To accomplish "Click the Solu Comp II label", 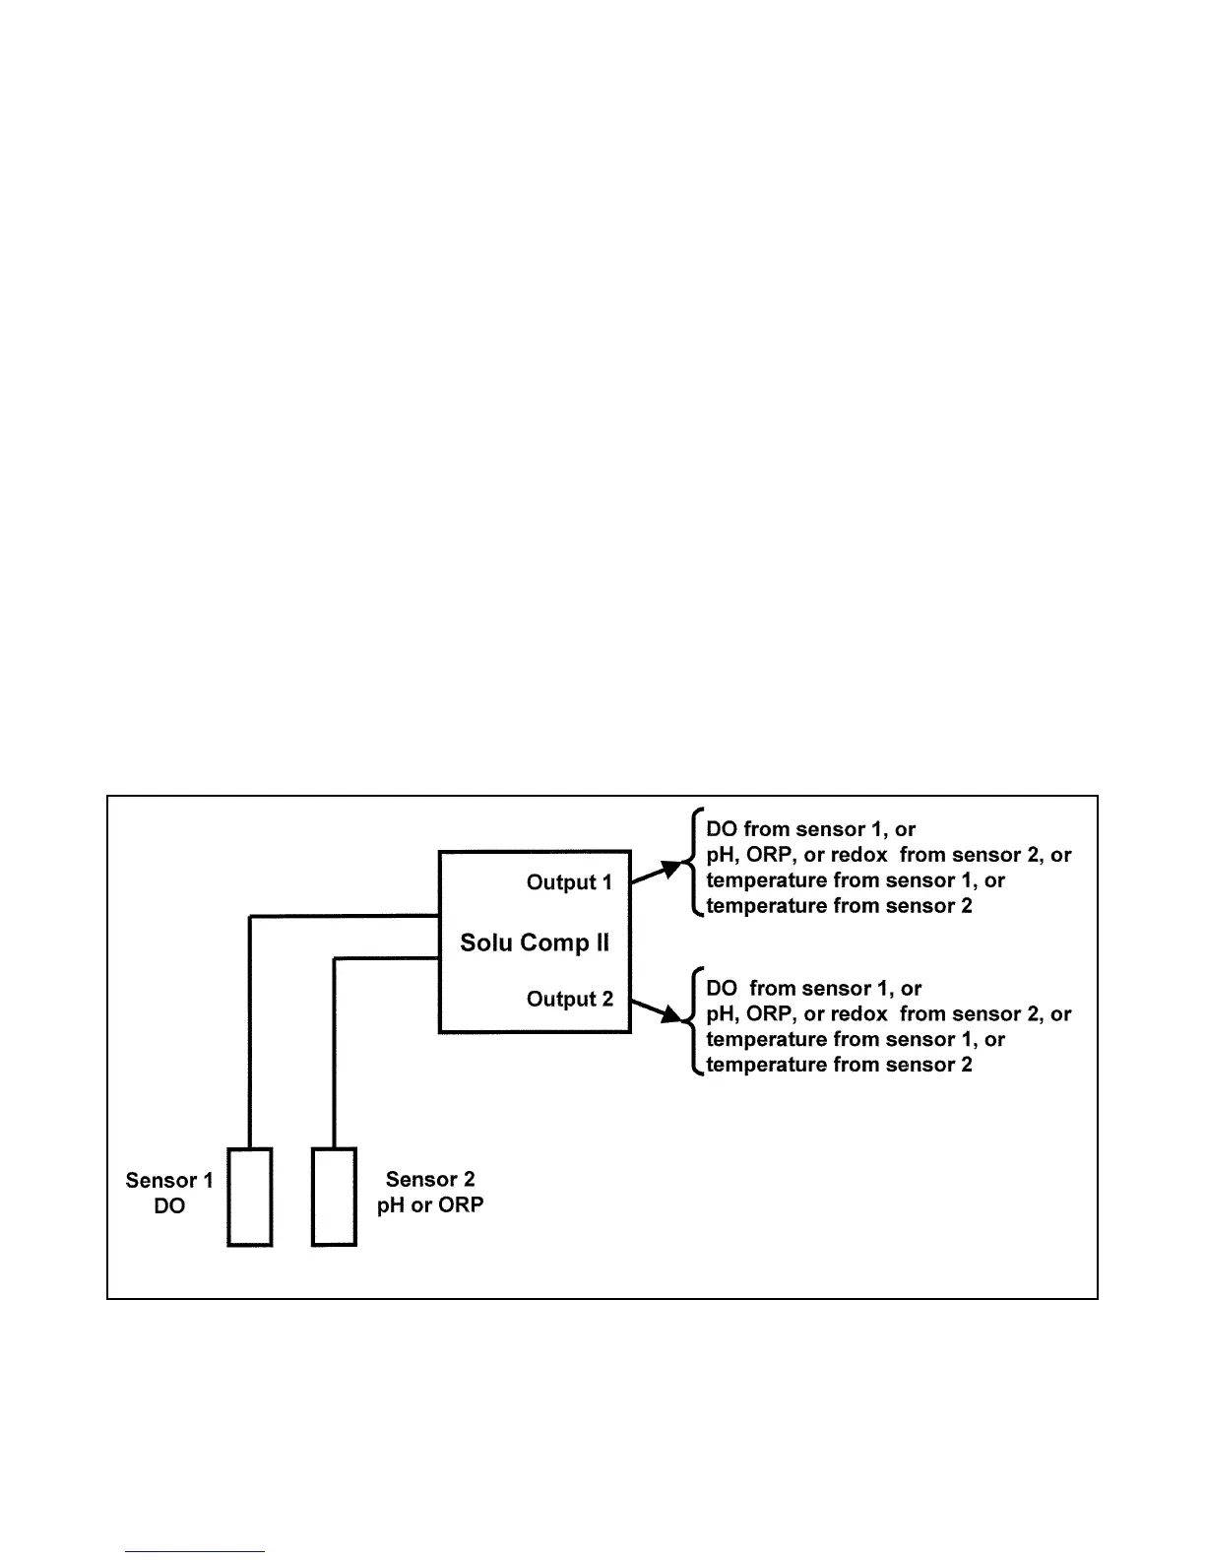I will coord(535,942).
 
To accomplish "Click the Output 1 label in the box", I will coord(569,882).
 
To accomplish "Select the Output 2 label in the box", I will coord(569,999).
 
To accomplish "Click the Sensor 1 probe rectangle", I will coord(250,1197).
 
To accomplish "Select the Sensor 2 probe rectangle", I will coord(334,1197).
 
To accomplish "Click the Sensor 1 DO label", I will coord(169,1193).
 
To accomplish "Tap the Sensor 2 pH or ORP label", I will coord(430,1192).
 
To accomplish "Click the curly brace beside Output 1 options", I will coord(693,866).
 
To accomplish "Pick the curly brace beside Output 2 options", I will coord(693,1024).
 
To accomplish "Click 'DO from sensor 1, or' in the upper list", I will coord(810,829).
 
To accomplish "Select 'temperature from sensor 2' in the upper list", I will coord(839,906).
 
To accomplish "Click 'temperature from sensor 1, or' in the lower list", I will coord(855,1039).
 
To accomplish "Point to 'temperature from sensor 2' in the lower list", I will coord(839,1065).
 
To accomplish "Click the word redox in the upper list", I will coord(858,855).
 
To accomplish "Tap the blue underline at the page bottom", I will coord(195,1552).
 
